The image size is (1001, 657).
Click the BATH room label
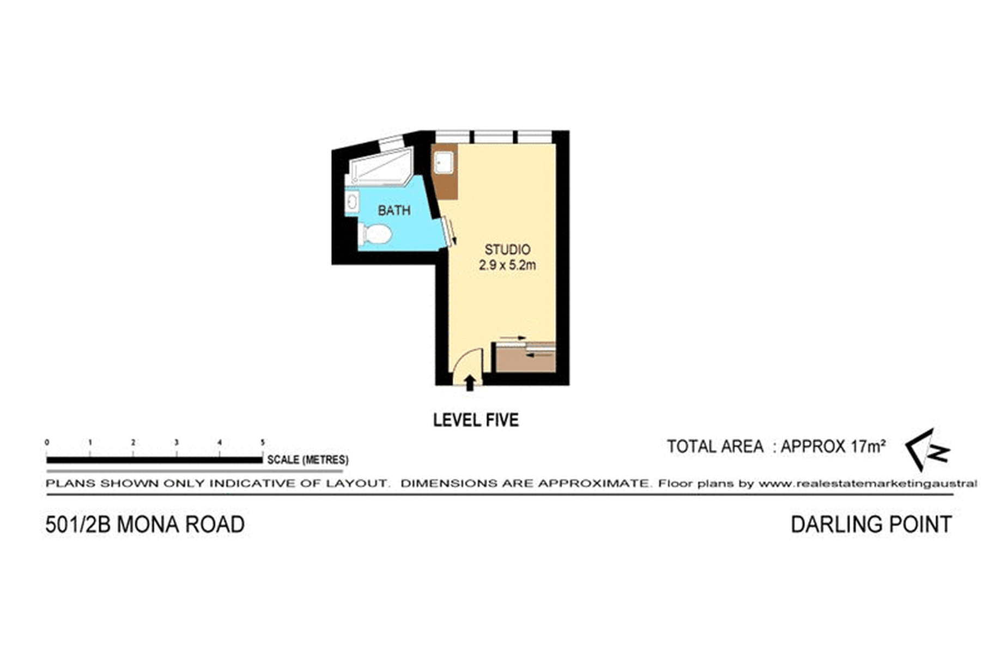coord(394,210)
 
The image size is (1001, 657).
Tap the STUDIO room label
coord(507,250)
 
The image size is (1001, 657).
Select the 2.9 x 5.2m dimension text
coord(507,265)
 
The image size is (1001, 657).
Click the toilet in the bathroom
coord(376,235)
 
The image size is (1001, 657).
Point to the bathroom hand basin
coord(351,202)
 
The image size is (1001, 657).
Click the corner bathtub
coord(379,165)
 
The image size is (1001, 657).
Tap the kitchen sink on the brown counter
coord(444,163)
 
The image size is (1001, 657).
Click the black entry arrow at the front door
coord(470,382)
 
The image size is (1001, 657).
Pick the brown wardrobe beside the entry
coord(525,360)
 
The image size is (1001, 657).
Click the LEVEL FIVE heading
coord(476,420)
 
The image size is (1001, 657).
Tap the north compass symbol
coord(928,450)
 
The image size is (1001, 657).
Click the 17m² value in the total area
coord(869,446)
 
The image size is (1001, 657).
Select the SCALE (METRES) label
coord(307,460)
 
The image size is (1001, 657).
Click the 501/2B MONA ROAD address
coord(145,525)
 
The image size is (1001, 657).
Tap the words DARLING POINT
coord(871,525)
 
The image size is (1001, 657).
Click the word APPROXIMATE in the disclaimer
coord(594,483)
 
